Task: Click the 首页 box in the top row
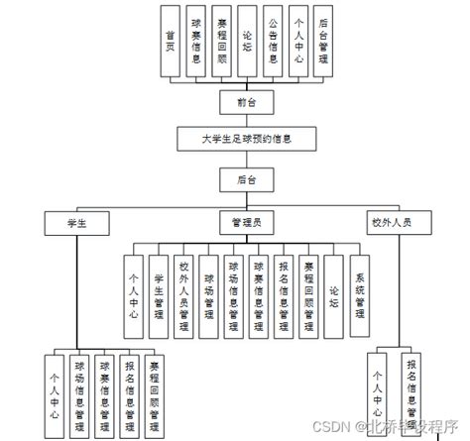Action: [x=172, y=42]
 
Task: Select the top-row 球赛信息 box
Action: [x=196, y=42]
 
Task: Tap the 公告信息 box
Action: [x=273, y=42]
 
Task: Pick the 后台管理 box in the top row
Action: [x=323, y=42]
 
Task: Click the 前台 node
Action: [x=247, y=101]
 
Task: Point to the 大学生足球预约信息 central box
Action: [x=246, y=140]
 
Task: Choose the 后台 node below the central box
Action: [x=247, y=179]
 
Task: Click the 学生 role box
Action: [x=76, y=223]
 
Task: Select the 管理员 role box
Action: [x=246, y=223]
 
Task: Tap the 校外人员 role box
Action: [x=398, y=223]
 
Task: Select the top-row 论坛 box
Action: [x=247, y=42]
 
